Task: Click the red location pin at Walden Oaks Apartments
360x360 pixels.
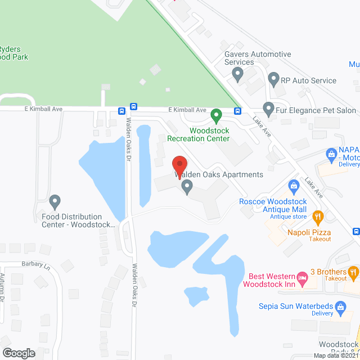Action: [179, 165]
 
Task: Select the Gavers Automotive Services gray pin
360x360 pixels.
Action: [237, 73]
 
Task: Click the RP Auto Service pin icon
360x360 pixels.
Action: [273, 79]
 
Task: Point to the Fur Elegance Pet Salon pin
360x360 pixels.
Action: [268, 109]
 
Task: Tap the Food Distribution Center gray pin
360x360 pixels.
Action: [55, 201]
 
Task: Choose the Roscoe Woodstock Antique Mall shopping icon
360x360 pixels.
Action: [293, 186]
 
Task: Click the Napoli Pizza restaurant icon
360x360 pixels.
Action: [318, 215]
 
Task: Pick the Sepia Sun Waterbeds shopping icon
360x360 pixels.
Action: [340, 307]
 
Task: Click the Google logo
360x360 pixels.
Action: [18, 353]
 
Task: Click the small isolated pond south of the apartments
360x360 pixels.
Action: [196, 295]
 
